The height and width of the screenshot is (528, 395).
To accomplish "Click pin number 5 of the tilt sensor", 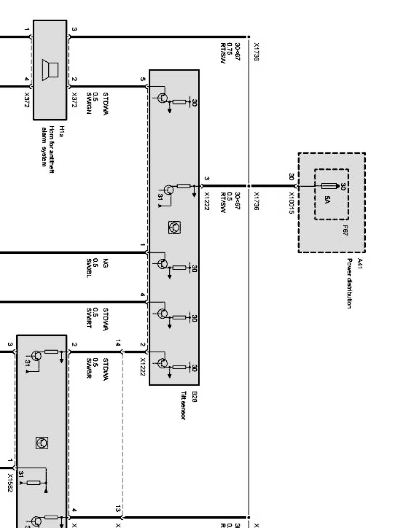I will coord(142,79).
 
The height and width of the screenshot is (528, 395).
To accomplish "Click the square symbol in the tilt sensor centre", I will coord(174,227).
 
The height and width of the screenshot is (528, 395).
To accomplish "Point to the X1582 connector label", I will coord(10,483).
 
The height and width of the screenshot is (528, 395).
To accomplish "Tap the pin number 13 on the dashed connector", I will coord(118,508).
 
